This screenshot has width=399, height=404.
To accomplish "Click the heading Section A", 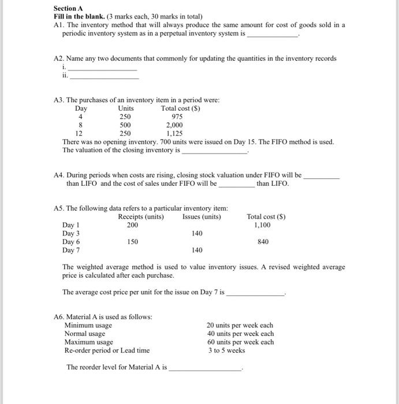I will click(65, 9).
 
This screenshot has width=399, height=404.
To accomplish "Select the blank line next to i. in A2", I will click(103, 69).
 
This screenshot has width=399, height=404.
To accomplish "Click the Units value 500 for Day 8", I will click(125, 125).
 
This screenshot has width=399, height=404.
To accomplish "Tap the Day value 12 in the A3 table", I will click(80, 133).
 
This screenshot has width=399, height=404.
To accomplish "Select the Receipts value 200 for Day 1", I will click(133, 225).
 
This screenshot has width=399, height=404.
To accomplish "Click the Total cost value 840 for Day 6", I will click(262, 242).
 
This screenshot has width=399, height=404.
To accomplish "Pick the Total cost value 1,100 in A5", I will click(263, 225).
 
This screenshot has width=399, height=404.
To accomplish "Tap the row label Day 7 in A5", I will click(71, 250).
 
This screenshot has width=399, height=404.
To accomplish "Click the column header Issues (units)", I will click(202, 217).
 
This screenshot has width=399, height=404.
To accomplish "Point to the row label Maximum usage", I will click(88, 342).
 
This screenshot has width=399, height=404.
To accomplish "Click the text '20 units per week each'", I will click(240, 326).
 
